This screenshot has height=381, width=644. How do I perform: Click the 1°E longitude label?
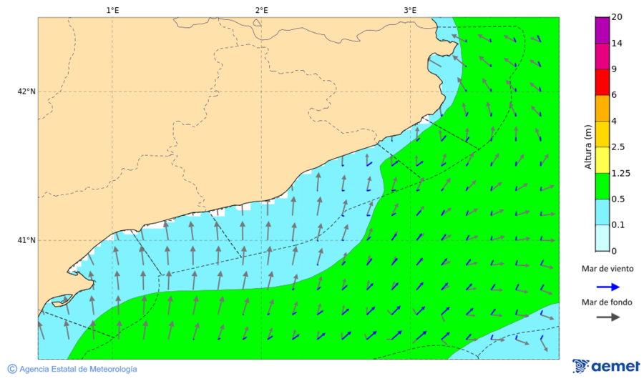click(x=112, y=10)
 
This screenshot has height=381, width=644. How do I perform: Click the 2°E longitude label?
click(x=261, y=10)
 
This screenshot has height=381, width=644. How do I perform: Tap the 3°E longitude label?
click(x=410, y=10)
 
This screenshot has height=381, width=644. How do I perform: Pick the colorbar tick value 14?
click(x=617, y=44)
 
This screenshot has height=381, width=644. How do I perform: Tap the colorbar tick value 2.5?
click(x=619, y=147)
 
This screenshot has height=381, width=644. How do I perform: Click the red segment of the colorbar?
click(x=602, y=82)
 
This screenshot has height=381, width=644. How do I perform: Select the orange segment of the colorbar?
click(x=602, y=108)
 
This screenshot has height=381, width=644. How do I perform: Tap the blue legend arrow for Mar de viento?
click(x=608, y=286)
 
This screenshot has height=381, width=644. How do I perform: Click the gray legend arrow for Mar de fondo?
click(x=608, y=317)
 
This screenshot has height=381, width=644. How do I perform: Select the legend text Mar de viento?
click(x=608, y=269)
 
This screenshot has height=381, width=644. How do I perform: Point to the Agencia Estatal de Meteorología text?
click(x=78, y=369)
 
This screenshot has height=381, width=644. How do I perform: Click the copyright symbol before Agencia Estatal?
click(x=12, y=369)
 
